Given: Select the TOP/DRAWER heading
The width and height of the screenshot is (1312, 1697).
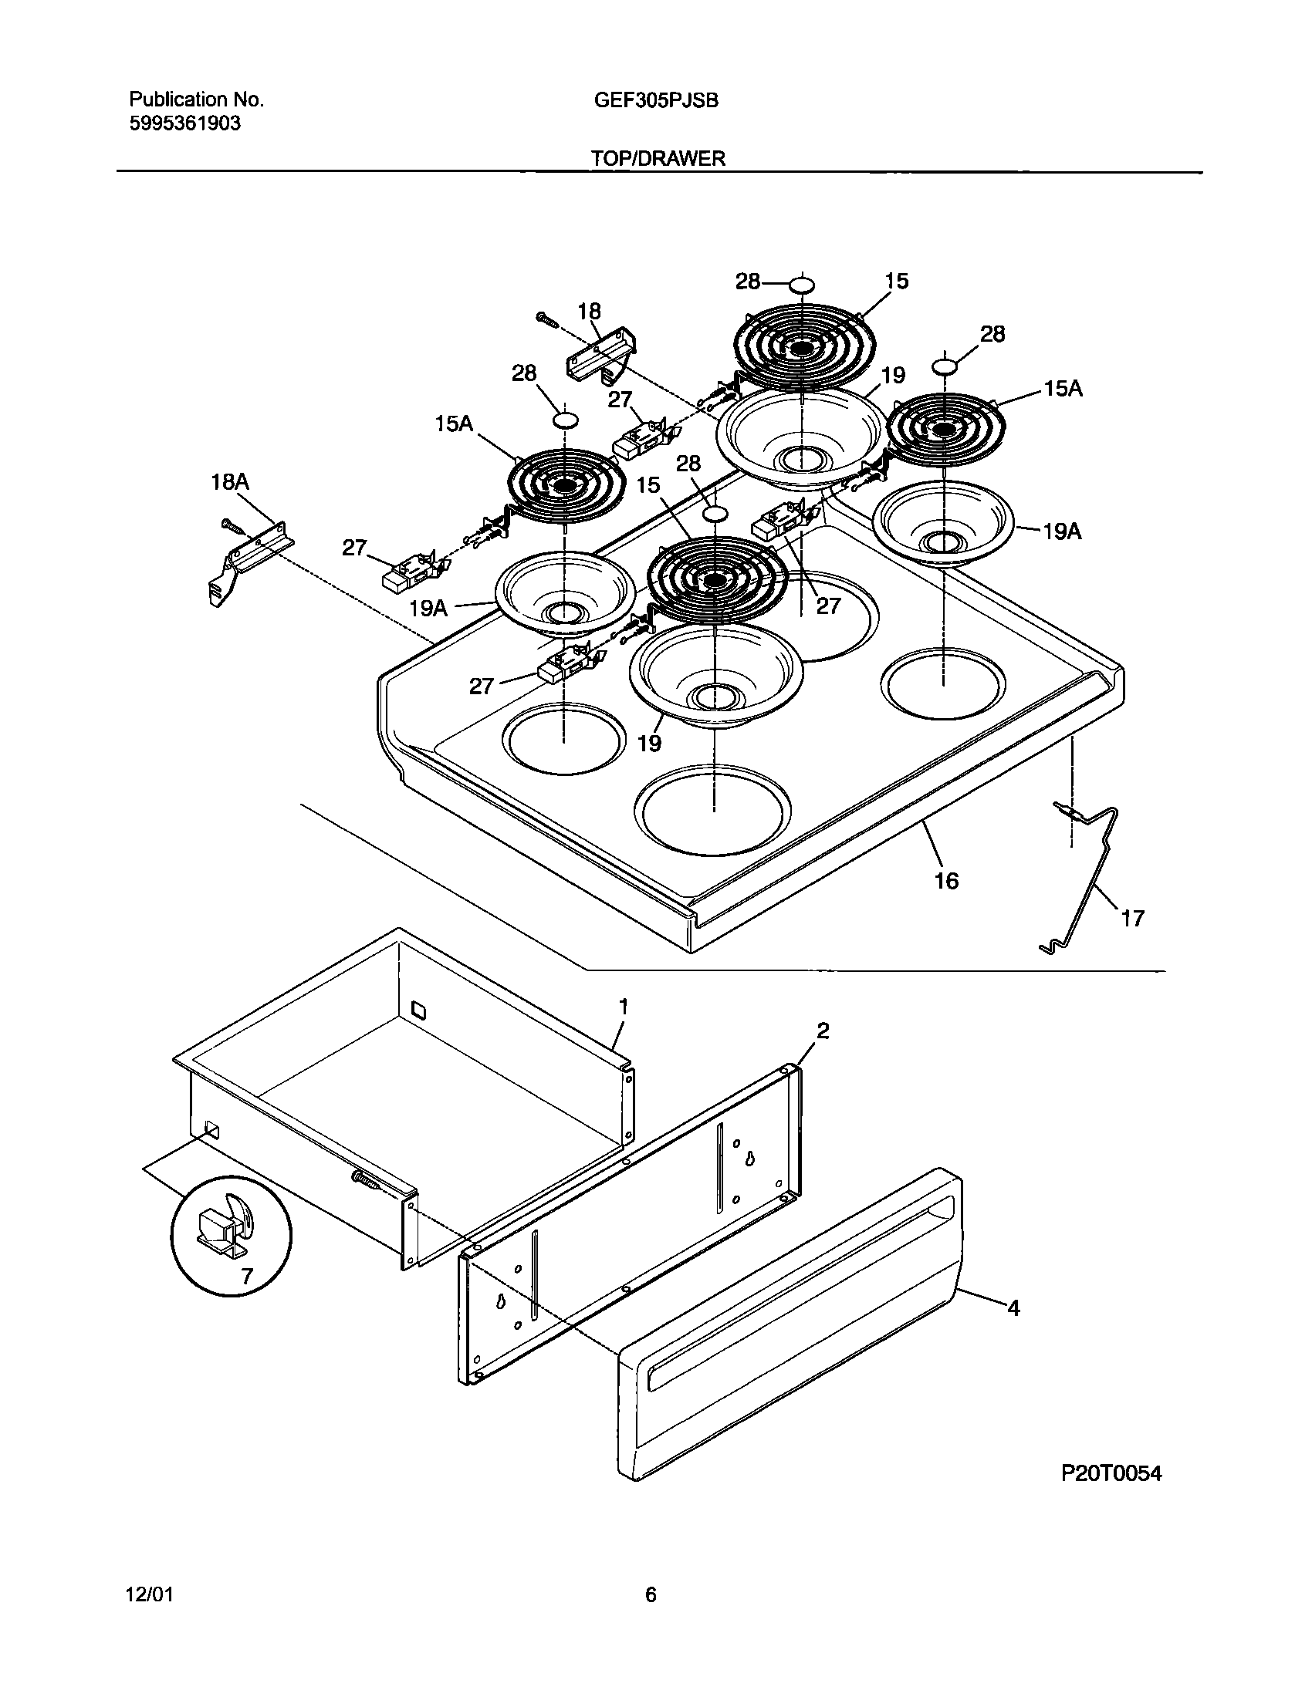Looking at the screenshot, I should coord(658,158).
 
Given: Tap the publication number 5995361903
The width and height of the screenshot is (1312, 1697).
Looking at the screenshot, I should coord(184,123).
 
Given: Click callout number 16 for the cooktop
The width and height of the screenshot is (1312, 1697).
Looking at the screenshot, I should coord(946,880).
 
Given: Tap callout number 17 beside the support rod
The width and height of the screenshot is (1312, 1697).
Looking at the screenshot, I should coord(1132,919).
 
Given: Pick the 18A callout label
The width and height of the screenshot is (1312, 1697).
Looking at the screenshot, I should coord(230,482).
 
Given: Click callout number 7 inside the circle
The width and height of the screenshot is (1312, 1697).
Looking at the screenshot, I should coord(246,1276).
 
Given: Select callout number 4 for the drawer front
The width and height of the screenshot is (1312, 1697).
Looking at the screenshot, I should coord(1013,1308).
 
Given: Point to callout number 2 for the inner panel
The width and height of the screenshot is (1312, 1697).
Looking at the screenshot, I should coord(823,1031).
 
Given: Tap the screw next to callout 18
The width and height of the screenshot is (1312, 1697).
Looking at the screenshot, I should coord(546,318).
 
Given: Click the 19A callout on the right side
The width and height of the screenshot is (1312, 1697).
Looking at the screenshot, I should coord(1062,531).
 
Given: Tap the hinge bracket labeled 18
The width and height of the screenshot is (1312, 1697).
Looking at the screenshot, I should coord(600,353).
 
